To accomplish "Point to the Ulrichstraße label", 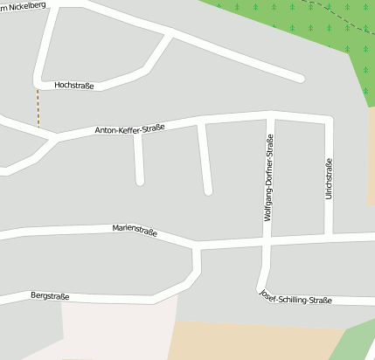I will pos(329,179).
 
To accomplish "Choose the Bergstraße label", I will pos(49,297).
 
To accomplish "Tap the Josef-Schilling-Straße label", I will pos(295,299).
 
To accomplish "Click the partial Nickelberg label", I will pos(23,6).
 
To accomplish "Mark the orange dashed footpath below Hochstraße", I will pos(38,107).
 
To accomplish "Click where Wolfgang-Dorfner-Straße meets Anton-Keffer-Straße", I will pos(270,115).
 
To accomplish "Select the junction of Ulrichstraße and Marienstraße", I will pos(330,235).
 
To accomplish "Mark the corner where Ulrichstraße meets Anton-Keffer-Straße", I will pos(330,120).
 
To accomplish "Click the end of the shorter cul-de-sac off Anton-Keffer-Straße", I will pos(140,181).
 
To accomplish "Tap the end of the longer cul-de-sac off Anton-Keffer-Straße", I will pos(208,190).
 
